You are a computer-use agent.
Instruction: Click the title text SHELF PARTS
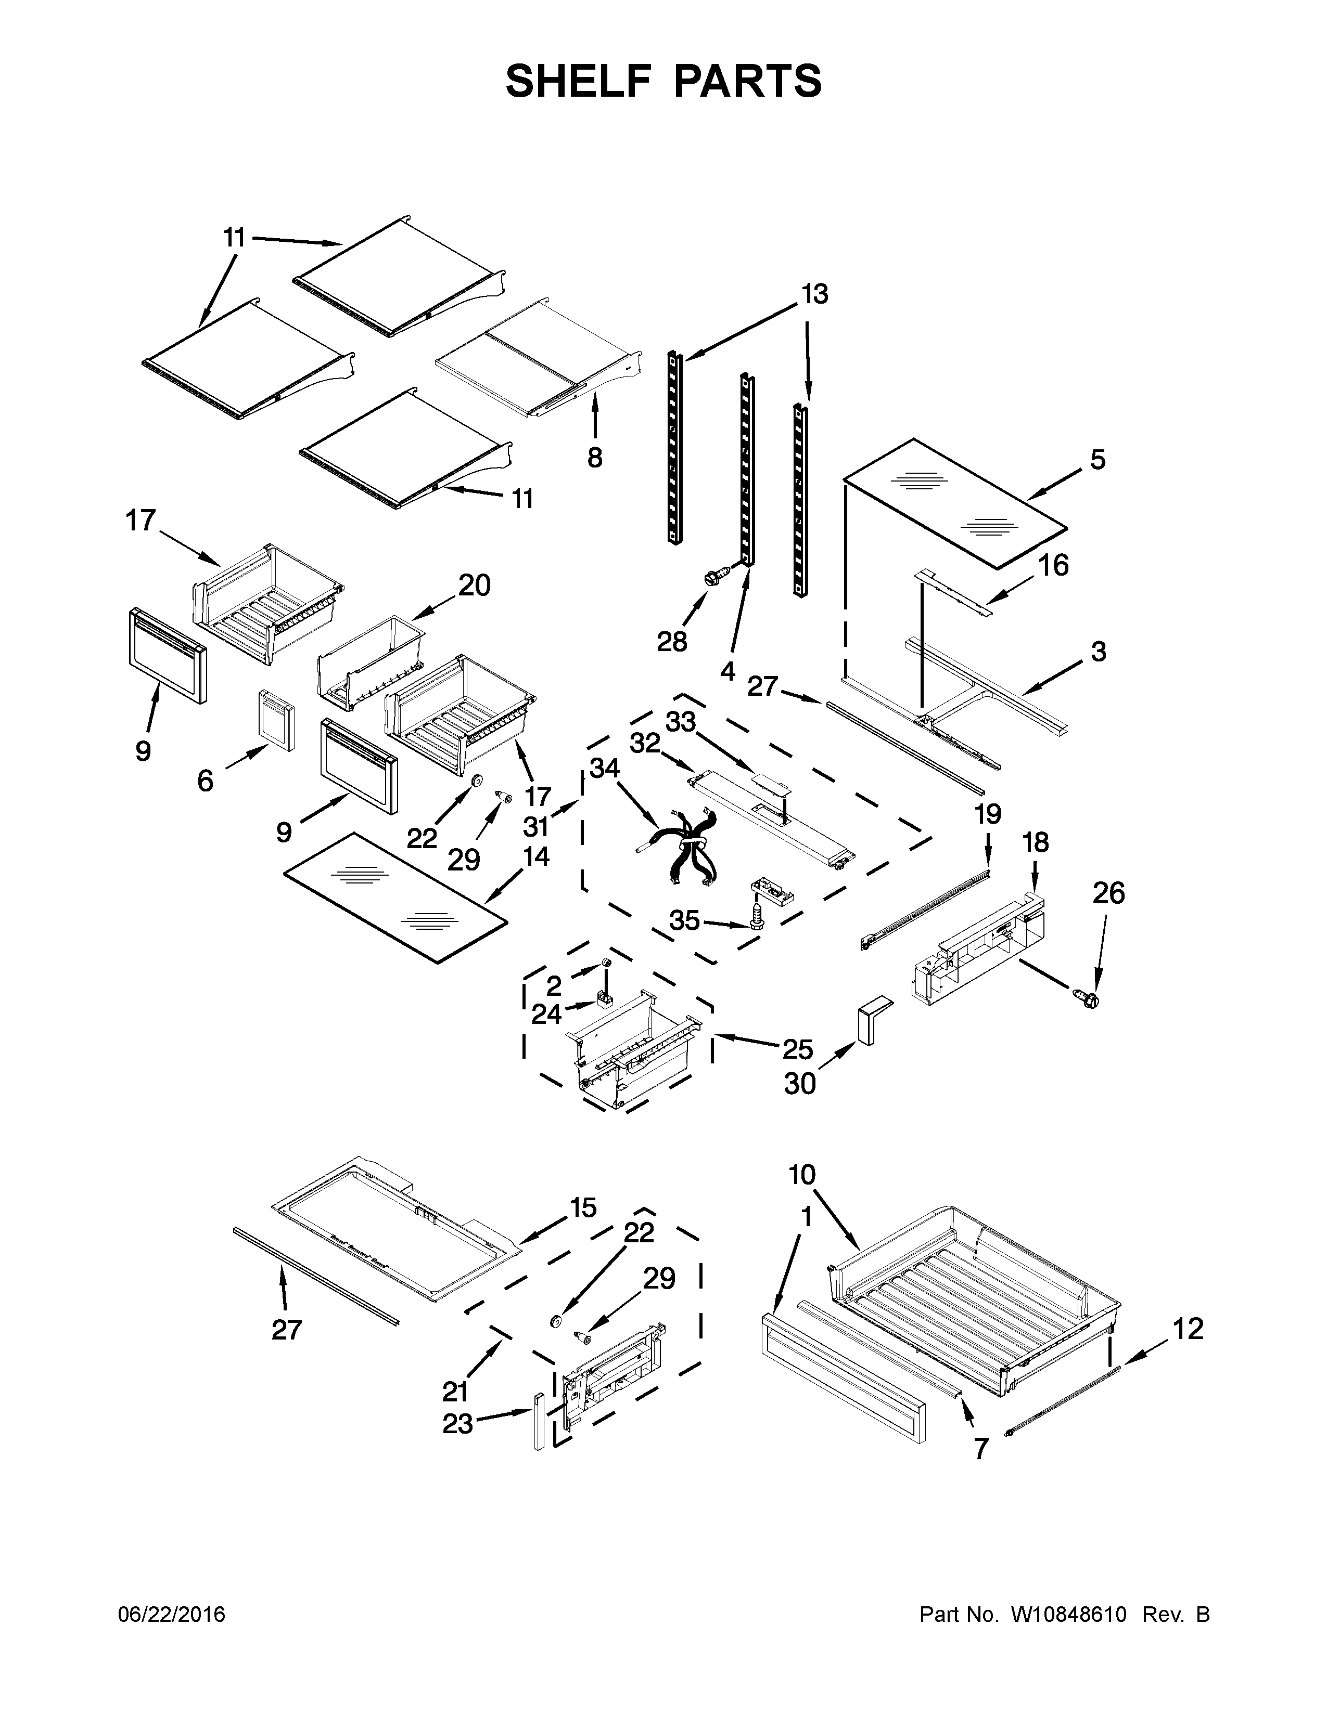(x=663, y=81)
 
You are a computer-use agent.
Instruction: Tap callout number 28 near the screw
(x=672, y=642)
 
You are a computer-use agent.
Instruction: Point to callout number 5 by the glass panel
(x=1098, y=460)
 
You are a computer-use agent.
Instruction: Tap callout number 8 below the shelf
(x=595, y=457)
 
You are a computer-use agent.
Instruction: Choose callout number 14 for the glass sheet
(x=536, y=855)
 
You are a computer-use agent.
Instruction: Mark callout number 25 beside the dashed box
(x=797, y=1049)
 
